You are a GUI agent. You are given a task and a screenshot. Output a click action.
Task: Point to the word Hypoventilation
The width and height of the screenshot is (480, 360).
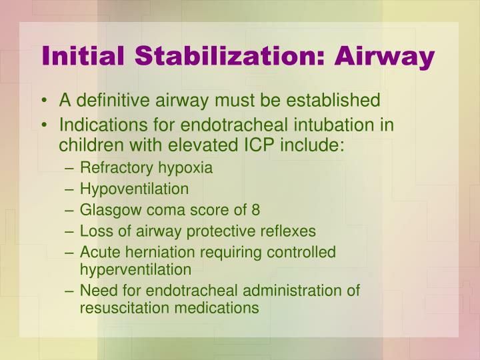pyautogui.click(x=134, y=189)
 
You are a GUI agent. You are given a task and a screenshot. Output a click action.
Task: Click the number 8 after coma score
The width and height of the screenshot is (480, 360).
pyautogui.click(x=255, y=210)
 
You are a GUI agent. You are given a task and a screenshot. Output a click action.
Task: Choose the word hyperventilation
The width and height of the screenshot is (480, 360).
pyautogui.click(x=135, y=269)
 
